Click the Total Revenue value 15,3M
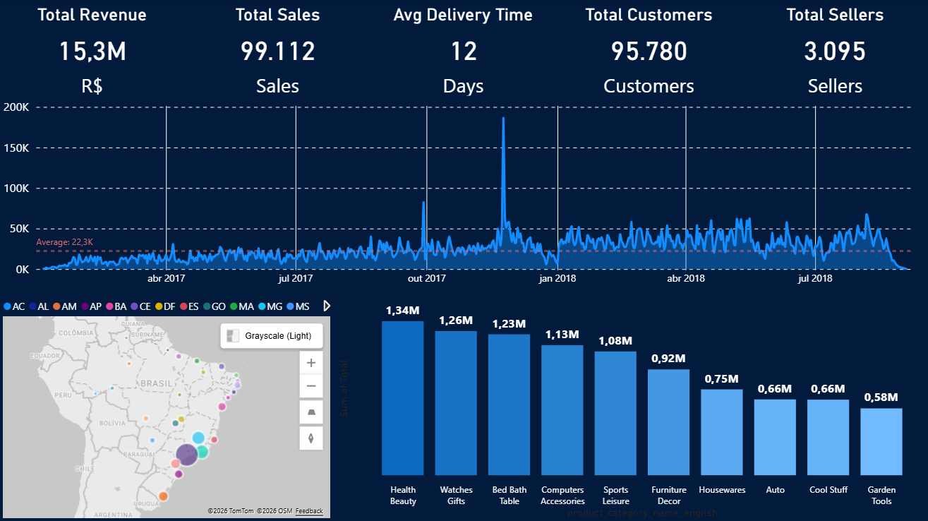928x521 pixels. click(92, 52)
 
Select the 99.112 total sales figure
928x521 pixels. click(277, 52)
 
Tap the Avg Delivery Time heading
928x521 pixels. click(463, 15)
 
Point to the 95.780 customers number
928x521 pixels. click(649, 52)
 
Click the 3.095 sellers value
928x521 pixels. click(834, 52)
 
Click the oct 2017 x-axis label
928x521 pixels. click(426, 279)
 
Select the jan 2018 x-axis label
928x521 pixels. click(558, 279)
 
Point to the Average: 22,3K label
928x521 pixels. click(65, 242)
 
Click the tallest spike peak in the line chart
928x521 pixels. click(503, 119)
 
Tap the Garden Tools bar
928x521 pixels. click(881, 441)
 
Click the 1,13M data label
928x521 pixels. click(562, 335)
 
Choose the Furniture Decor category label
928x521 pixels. click(668, 495)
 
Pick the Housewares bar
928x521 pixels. click(721, 431)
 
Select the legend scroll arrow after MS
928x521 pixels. click(326, 306)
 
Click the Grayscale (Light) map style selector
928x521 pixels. click(272, 336)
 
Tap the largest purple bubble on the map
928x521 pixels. click(187, 455)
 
